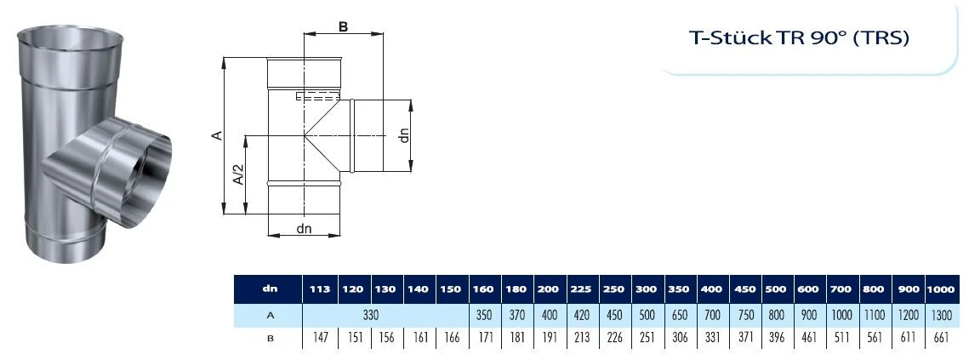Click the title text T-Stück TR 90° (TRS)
pos(799,38)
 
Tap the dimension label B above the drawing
pos(343,26)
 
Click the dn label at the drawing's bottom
pos(304,228)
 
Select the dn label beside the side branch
pos(405,134)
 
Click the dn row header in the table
pos(269,289)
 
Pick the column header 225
pos(581,289)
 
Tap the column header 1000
pos(940,289)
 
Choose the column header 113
pos(319,289)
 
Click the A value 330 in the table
pos(369,315)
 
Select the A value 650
pos(678,315)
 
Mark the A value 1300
pos(940,315)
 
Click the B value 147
pos(319,339)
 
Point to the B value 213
pos(581,339)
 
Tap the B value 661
pos(940,339)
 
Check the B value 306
pos(678,339)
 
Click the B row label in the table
pos(269,339)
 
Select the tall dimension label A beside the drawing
pos(218,135)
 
